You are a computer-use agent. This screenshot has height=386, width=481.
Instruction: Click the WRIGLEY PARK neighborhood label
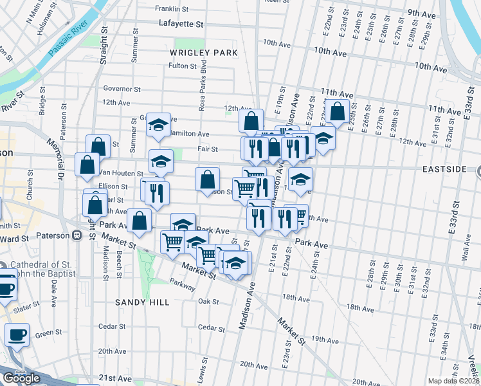[204, 52]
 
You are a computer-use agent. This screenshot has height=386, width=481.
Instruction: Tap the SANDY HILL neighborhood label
[142, 302]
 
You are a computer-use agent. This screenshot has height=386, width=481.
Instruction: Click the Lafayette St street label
[181, 24]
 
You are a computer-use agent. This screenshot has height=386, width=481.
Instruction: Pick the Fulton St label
[182, 66]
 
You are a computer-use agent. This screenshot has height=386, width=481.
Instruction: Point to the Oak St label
[209, 301]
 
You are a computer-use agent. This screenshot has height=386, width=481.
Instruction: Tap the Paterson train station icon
[77, 235]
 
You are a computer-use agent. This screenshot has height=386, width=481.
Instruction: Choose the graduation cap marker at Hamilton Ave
[156, 125]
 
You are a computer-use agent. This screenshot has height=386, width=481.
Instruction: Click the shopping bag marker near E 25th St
[337, 111]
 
